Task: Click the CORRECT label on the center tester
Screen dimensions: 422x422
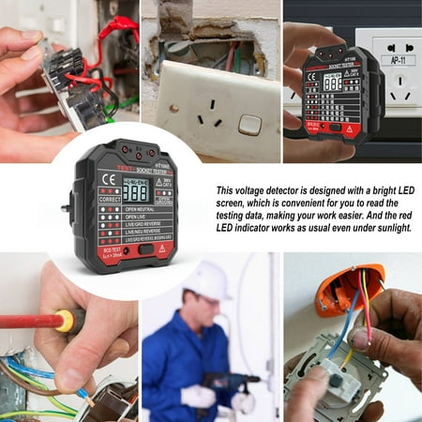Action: tap(109, 199)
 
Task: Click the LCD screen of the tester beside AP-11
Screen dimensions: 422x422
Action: tap(333, 82)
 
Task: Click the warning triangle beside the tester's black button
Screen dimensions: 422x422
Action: tap(161, 249)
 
